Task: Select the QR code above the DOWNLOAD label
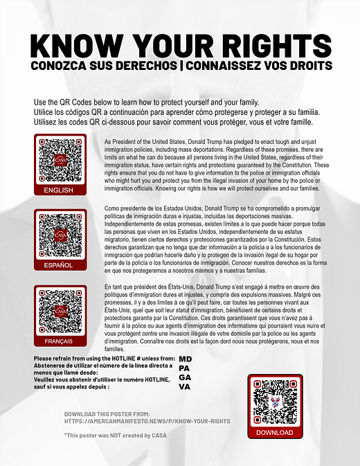275,402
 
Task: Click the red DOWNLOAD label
275,432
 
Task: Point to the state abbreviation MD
185,359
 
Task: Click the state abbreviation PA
184,368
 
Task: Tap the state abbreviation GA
185,377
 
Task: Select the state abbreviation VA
184,386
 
